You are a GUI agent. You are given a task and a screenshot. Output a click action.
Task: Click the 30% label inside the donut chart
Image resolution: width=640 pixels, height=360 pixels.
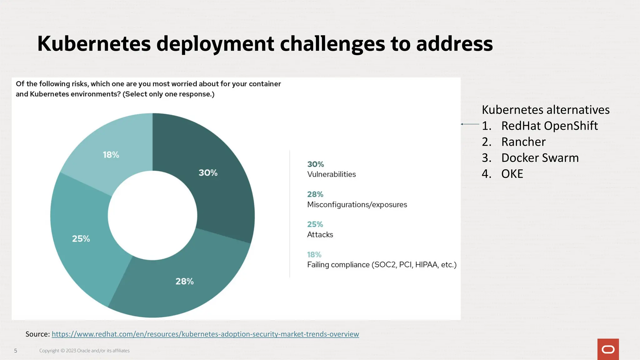pos(208,172)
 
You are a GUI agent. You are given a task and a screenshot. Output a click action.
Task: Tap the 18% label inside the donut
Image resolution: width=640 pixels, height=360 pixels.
pos(111,155)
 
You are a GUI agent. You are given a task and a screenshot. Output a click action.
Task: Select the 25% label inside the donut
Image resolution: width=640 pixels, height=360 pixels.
pos(81,239)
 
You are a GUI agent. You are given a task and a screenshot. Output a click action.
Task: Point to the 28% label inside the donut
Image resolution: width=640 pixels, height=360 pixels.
pos(184,281)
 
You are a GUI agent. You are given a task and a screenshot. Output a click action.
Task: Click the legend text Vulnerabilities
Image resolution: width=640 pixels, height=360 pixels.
pos(331,174)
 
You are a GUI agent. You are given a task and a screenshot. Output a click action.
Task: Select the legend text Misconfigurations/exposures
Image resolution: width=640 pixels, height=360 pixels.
pos(357,205)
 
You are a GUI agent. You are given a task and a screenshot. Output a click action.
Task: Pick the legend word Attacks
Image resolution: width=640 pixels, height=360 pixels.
pos(320,235)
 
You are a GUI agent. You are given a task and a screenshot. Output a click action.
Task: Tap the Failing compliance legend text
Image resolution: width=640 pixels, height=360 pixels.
pos(382,265)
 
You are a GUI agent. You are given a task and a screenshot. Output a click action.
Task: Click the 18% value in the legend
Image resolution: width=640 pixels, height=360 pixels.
pos(314,255)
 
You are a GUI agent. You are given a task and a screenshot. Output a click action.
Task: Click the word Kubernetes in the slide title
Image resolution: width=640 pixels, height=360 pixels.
pos(94,43)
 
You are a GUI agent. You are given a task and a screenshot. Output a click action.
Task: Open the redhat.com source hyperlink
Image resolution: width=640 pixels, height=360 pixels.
pos(205,334)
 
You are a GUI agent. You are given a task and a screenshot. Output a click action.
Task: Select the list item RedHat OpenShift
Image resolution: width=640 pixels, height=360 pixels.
pos(549,126)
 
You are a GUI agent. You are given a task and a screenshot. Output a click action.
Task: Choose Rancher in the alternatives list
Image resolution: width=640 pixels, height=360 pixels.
pos(523,142)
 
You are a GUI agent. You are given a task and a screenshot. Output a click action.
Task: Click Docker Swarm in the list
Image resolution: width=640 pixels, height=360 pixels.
pos(540,157)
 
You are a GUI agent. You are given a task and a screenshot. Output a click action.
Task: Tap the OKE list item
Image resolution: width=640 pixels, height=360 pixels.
pos(512,174)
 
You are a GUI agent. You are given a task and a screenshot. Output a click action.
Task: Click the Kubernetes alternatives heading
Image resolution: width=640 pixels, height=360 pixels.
pos(545,110)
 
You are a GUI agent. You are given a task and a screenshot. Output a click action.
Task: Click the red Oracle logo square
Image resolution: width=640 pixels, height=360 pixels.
pos(608,349)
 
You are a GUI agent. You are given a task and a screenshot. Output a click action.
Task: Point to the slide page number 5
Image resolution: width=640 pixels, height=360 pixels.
pos(16,351)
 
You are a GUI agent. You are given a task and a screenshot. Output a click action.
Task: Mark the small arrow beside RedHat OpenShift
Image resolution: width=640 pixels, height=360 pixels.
pos(470,124)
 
